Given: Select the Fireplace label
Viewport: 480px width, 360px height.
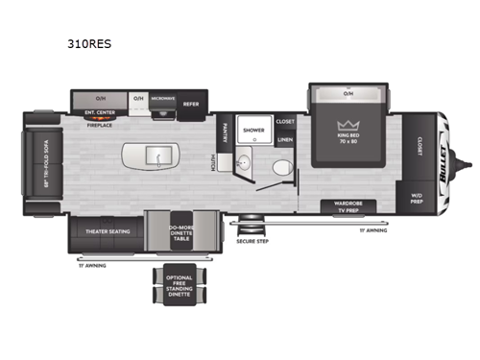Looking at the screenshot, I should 99,123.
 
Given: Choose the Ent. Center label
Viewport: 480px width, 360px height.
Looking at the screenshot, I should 99,112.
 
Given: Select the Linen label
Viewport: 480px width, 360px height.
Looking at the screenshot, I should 285,140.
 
